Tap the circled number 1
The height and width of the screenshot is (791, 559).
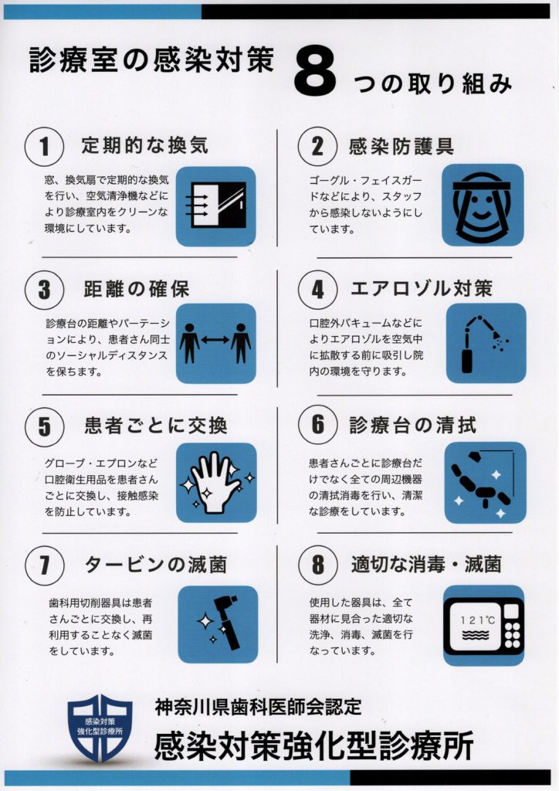(x=44, y=147)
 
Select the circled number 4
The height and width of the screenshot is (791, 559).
(x=317, y=290)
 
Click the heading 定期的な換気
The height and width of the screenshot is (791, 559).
(x=144, y=145)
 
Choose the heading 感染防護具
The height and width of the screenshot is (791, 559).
(x=401, y=146)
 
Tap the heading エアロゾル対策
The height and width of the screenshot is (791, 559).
(x=422, y=289)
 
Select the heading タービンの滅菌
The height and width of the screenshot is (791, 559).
(x=156, y=565)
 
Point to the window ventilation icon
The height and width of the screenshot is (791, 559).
(x=215, y=205)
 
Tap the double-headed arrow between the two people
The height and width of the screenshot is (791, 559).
(x=215, y=341)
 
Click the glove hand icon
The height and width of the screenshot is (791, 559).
(x=215, y=483)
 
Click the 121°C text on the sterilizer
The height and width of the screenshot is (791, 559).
(x=477, y=620)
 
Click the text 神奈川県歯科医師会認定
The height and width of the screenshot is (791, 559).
(x=259, y=707)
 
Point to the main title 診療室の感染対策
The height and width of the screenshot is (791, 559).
(x=152, y=59)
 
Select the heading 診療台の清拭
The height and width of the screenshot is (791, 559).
(x=413, y=426)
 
